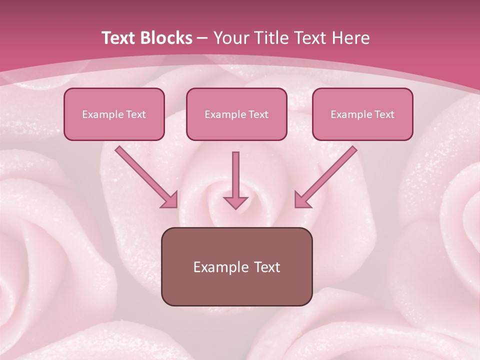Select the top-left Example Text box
(114, 114)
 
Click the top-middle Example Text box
(236, 114)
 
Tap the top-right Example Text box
(362, 114)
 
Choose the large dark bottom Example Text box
(236, 266)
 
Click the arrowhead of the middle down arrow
(235, 202)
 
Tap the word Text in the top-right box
(384, 114)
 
